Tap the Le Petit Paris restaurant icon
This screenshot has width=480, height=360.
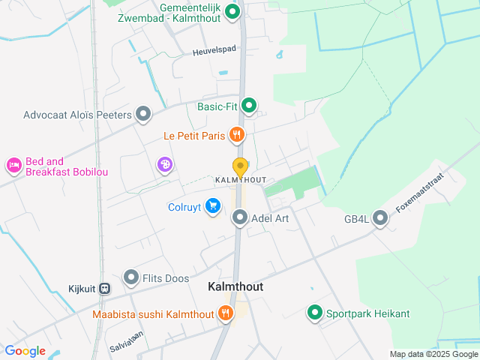tap(237, 136)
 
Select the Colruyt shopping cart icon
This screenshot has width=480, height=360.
tap(213, 205)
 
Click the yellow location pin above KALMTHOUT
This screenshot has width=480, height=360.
tap(240, 166)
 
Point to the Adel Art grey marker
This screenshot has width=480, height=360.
tap(240, 218)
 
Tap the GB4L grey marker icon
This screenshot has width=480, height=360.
tap(380, 219)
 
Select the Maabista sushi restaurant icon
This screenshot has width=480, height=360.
tap(225, 314)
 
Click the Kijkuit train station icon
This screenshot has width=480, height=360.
tap(105, 287)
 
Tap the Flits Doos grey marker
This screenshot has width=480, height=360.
tap(131, 278)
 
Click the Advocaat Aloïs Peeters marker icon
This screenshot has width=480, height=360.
tap(143, 115)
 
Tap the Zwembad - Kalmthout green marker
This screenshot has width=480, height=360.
tap(232, 11)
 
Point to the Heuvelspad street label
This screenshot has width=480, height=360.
tap(214, 51)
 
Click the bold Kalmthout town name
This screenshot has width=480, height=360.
tap(235, 287)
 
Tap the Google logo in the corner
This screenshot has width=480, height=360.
tap(25, 351)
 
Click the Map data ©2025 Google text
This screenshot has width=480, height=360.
tap(433, 354)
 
